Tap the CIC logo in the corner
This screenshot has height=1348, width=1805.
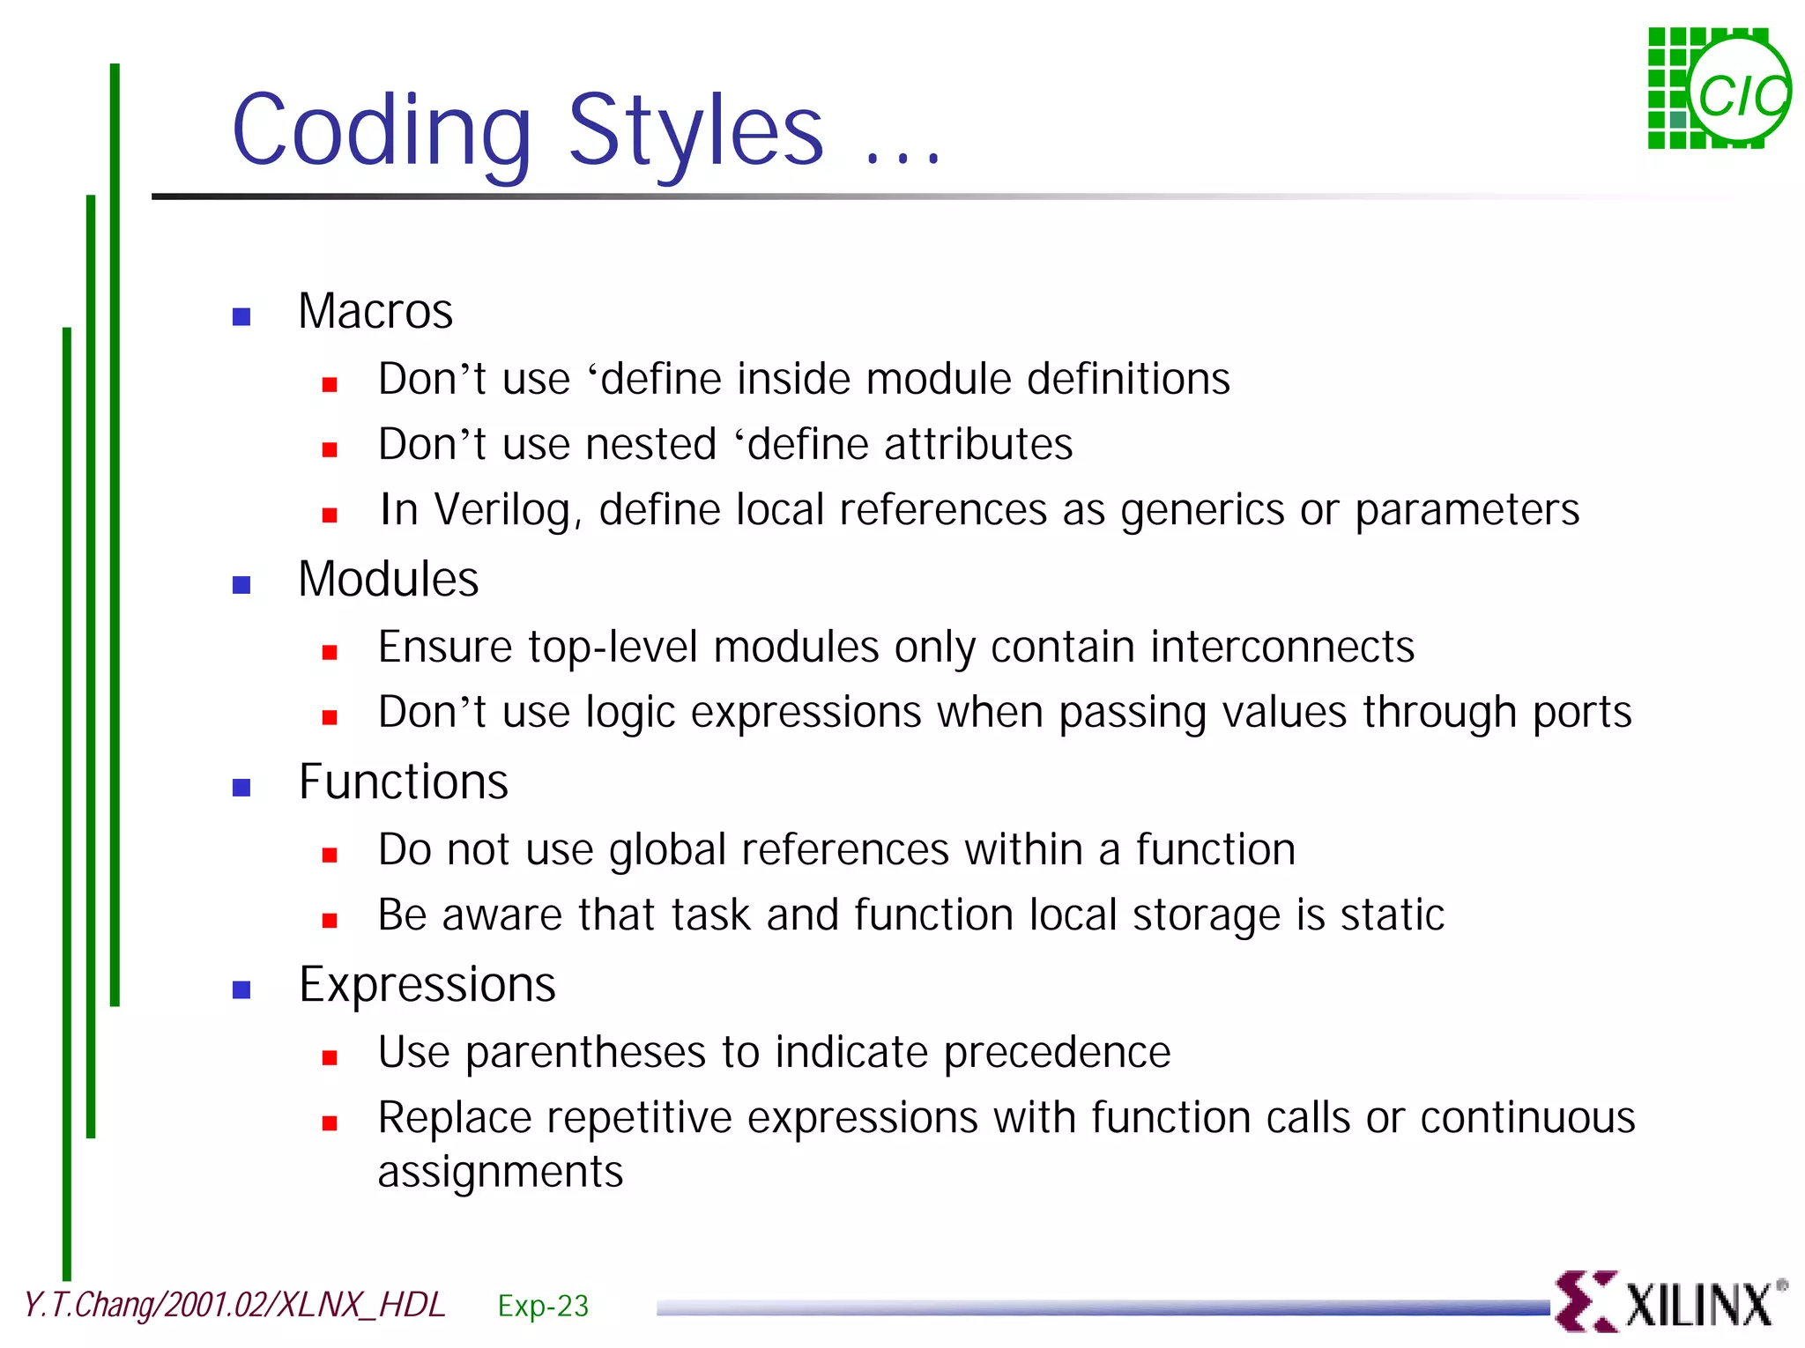1719,90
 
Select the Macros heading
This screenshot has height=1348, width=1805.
375,312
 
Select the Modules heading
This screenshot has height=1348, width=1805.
388,580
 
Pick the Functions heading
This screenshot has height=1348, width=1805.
404,782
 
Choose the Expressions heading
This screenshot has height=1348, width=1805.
427,985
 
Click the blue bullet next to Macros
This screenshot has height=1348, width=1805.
241,316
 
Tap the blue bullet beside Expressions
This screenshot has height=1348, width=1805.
241,989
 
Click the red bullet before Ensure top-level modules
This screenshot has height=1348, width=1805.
330,652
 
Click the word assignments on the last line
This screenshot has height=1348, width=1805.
500,1173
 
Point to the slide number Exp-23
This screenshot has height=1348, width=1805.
543,1306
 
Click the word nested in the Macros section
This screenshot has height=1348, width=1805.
650,445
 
